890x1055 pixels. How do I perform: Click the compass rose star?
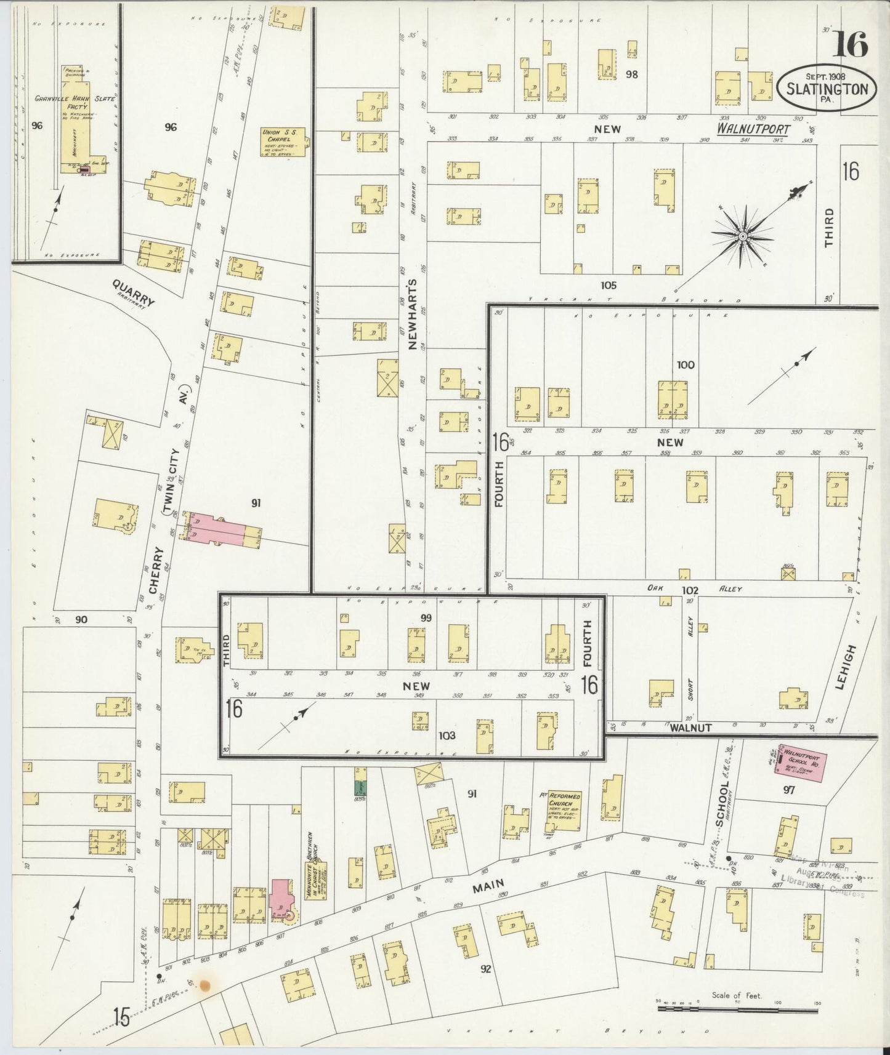point(743,236)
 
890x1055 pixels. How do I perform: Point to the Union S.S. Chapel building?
point(282,142)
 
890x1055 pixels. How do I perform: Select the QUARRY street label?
point(134,292)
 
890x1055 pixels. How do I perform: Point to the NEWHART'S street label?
point(412,315)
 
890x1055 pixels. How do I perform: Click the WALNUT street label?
point(690,728)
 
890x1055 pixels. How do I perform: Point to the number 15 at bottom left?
point(121,1018)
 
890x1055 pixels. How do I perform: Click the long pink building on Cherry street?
point(222,530)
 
